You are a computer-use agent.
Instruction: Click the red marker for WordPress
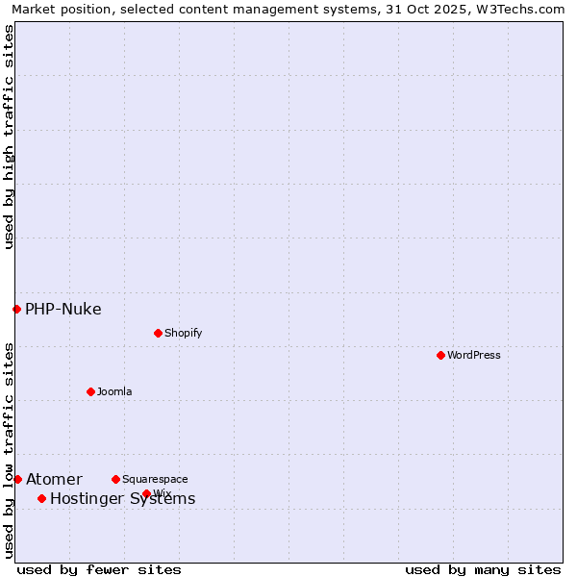coord(440,355)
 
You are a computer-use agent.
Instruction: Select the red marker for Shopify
coord(158,333)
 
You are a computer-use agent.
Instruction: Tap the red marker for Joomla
coord(90,391)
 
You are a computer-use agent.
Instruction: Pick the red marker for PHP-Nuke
coord(16,309)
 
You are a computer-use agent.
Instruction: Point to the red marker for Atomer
coord(17,479)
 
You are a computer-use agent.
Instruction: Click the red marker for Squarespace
coord(115,479)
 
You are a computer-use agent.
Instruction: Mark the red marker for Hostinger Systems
coord(41,498)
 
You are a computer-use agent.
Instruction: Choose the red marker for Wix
coord(146,493)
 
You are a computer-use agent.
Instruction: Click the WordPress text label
coord(474,355)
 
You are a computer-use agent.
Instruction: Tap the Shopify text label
coord(183,333)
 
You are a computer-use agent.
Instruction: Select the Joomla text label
coord(114,391)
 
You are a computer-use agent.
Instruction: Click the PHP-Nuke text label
coord(63,309)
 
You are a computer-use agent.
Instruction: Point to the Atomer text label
coord(54,479)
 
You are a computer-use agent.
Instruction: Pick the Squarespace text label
coord(155,479)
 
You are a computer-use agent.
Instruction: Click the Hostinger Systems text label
coord(122,498)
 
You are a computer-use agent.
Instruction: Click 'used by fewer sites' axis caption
coord(99,569)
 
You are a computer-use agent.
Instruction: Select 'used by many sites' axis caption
coord(483,569)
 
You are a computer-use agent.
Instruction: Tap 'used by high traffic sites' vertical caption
coord(9,137)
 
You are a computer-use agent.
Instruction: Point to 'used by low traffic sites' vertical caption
coord(9,450)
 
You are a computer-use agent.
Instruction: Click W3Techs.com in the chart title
coord(526,9)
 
